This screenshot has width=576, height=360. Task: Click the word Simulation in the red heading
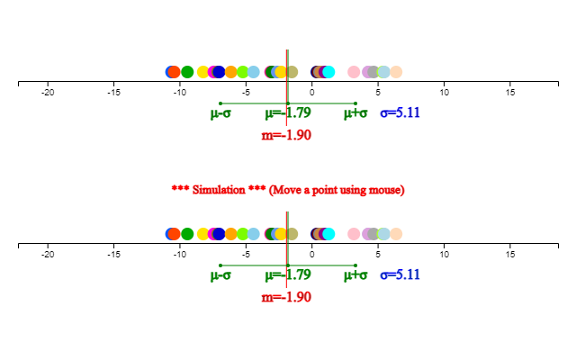pyautogui.click(x=219, y=190)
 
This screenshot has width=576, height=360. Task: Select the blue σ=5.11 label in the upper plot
pyautogui.click(x=400, y=112)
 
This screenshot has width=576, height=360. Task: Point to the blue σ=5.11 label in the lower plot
pyautogui.click(x=400, y=274)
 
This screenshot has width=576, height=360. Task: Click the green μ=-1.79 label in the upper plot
pyautogui.click(x=287, y=112)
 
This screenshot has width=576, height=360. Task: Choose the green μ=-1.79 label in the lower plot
pyautogui.click(x=287, y=274)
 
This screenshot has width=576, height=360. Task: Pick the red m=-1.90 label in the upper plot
pyautogui.click(x=286, y=135)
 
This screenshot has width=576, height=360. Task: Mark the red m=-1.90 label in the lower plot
pyautogui.click(x=286, y=297)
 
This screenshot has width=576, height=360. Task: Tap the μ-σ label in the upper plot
pyautogui.click(x=220, y=113)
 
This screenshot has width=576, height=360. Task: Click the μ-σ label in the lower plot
pyautogui.click(x=220, y=275)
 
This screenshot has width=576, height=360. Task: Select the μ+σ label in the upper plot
pyautogui.click(x=355, y=113)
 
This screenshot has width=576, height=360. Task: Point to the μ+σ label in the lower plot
pyautogui.click(x=355, y=275)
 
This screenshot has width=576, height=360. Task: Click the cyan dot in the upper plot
pyautogui.click(x=328, y=72)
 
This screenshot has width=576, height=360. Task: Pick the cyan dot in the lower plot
pyautogui.click(x=328, y=234)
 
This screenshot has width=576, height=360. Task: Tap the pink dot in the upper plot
pyautogui.click(x=354, y=72)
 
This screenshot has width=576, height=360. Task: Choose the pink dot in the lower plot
pyautogui.click(x=354, y=234)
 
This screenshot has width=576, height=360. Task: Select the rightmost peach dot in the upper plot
pyautogui.click(x=396, y=72)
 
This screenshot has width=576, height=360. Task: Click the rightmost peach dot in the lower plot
pyautogui.click(x=396, y=234)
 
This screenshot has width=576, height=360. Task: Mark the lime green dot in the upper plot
pyautogui.click(x=243, y=72)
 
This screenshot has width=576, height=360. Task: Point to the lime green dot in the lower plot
pyautogui.click(x=243, y=234)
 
